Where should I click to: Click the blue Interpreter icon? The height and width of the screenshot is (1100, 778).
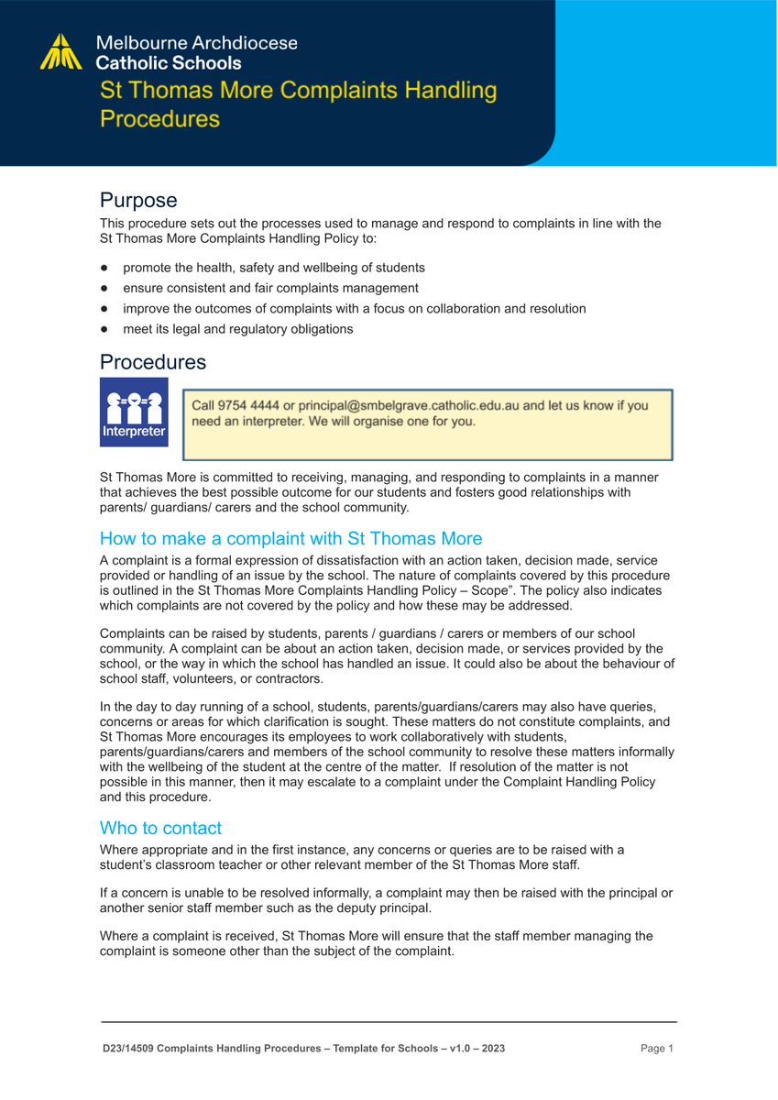click(134, 412)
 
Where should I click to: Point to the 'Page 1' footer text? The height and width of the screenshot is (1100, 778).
click(657, 1048)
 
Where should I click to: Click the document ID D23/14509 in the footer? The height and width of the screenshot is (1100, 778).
click(127, 1048)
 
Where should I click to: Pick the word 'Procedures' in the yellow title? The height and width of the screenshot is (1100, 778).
click(160, 119)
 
